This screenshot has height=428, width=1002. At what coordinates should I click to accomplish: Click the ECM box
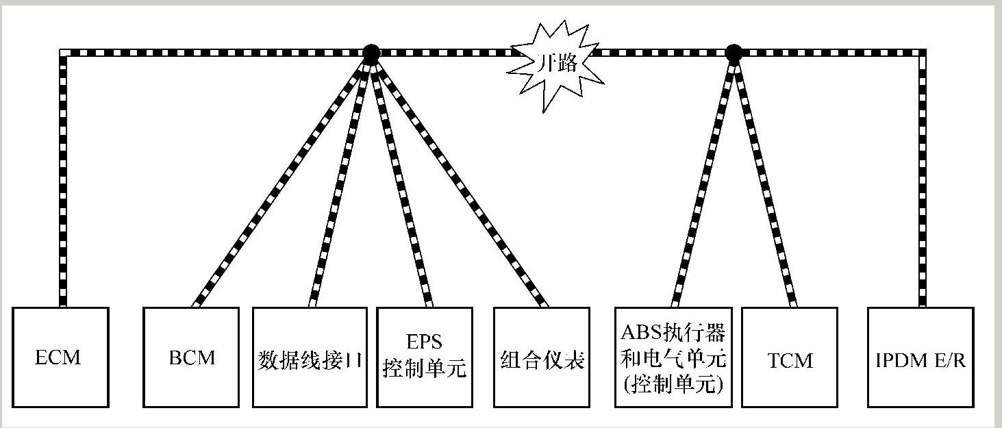click(x=60, y=357)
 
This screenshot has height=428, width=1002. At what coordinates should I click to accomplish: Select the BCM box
click(x=191, y=357)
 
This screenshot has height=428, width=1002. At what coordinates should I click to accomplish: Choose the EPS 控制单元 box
click(x=424, y=357)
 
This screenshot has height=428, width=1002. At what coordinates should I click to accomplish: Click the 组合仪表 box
click(x=542, y=357)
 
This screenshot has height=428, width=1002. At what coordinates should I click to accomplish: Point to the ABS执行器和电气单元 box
click(x=671, y=357)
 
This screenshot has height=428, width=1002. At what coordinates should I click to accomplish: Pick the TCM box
click(x=789, y=357)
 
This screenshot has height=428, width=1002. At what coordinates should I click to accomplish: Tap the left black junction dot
click(x=371, y=52)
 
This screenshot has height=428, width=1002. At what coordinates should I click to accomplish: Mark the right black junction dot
click(x=733, y=52)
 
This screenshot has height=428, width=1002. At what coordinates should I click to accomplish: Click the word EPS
click(x=424, y=341)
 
